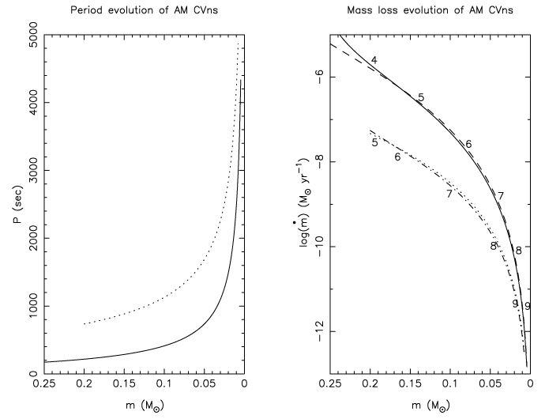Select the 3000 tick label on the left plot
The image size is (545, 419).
tap(24, 170)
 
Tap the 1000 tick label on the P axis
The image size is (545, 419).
tap(24, 306)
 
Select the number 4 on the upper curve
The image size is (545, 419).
tap(374, 61)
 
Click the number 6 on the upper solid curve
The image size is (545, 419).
tap(468, 144)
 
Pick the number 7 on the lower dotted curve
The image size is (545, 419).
tap(449, 194)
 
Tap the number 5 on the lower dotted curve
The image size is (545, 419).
tap(374, 142)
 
